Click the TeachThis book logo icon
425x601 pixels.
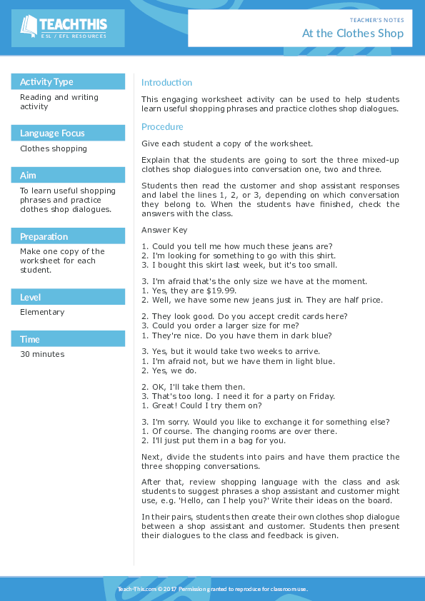[x=29, y=26]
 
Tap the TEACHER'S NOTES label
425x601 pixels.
[x=376, y=20]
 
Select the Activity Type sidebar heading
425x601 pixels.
[x=46, y=81]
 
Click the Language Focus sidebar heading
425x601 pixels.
[x=52, y=133]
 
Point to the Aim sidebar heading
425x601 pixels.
[x=28, y=175]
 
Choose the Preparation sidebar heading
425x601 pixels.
[x=44, y=236]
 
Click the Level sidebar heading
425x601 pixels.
[x=31, y=297]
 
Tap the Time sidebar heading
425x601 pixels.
[x=30, y=339]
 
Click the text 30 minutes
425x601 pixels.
[x=42, y=354]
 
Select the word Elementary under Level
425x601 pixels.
[x=42, y=312]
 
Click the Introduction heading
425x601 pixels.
[x=166, y=82]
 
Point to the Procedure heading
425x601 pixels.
[x=162, y=126]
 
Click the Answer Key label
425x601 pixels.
[x=164, y=230]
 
